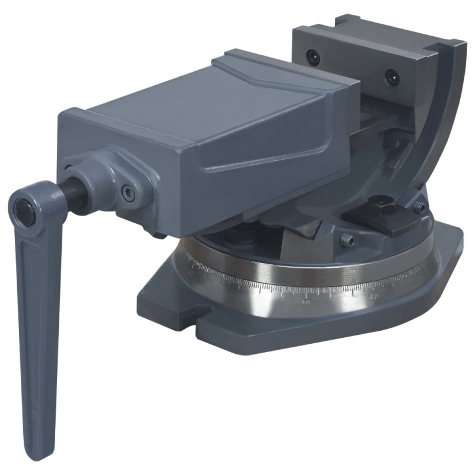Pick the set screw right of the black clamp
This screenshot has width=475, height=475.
pyautogui.click(x=419, y=207)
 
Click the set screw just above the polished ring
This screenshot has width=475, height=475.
pyautogui.click(x=347, y=240)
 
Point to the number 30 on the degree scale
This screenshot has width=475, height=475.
pyautogui.click(x=306, y=302)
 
